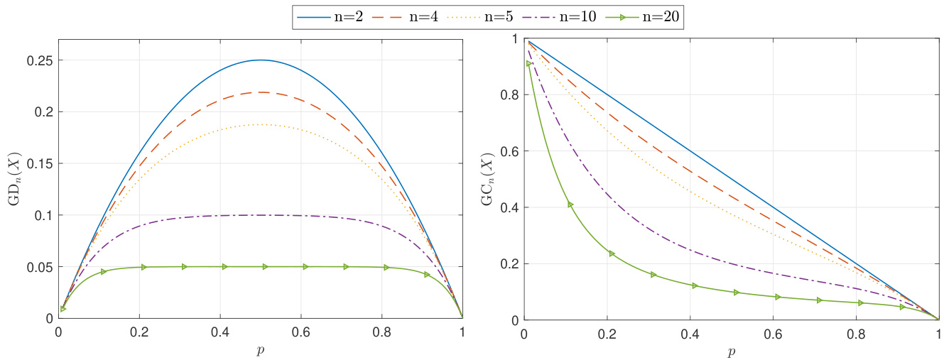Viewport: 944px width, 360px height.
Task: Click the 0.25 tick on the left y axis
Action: [x=40, y=60]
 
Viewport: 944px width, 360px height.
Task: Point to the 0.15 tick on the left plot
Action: [x=40, y=163]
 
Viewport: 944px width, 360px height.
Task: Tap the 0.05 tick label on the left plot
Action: [x=40, y=267]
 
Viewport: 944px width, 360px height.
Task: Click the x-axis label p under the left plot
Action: [x=260, y=351]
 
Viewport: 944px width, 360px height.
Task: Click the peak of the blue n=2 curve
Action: [x=260, y=60]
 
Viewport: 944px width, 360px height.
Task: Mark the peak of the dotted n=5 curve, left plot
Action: [x=260, y=124]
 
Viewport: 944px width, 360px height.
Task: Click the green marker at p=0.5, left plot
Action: [x=265, y=267]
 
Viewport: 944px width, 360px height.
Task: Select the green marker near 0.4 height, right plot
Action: [x=570, y=204]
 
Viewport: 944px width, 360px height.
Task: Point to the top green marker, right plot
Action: [x=528, y=64]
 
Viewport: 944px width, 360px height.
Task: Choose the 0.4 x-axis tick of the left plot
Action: [x=219, y=332]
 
